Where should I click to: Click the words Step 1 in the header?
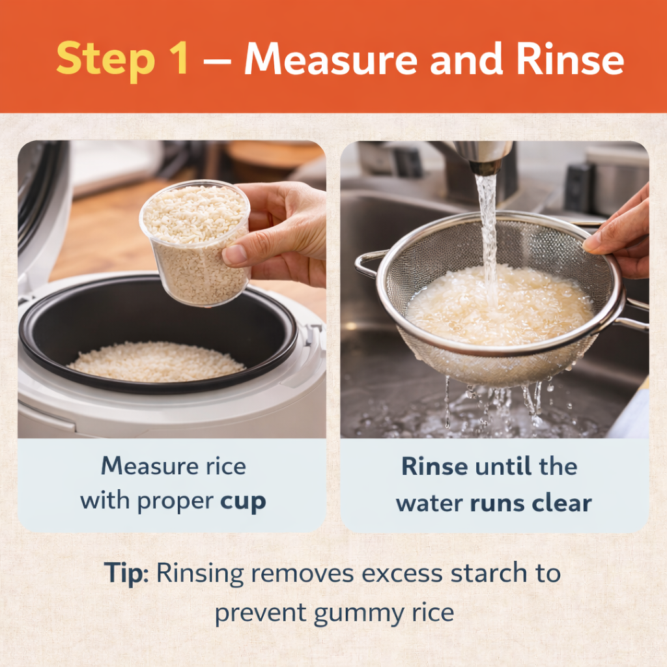(122, 59)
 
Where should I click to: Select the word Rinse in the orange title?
(570, 59)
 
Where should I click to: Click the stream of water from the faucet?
(489, 238)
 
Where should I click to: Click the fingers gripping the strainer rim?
(617, 238)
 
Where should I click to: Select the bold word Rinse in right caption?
(434, 466)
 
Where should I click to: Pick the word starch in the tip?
(489, 573)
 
